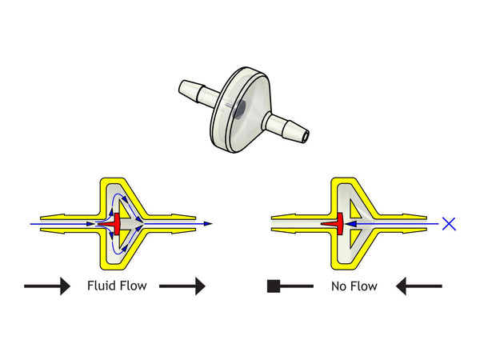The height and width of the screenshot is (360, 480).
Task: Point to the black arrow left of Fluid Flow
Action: [47, 286]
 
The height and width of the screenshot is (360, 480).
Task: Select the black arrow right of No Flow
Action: [419, 286]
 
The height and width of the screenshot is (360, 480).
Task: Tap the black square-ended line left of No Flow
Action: [289, 286]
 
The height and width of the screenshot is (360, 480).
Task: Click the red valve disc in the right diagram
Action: [338, 224]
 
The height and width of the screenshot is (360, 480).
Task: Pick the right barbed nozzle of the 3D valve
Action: [288, 127]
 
